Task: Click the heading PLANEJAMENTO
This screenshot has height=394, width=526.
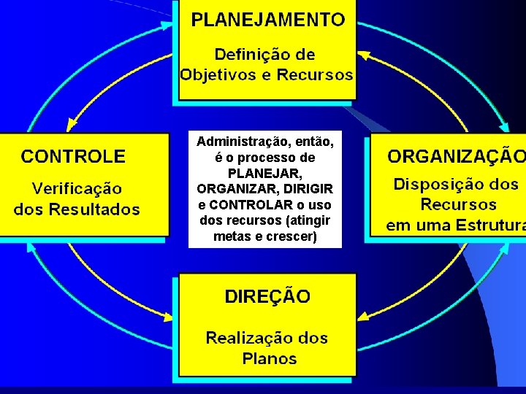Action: [x=267, y=20]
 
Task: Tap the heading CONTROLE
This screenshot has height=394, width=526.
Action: [x=73, y=156]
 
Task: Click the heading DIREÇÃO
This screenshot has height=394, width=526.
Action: [x=267, y=297]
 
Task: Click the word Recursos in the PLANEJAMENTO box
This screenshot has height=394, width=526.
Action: [x=319, y=74]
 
